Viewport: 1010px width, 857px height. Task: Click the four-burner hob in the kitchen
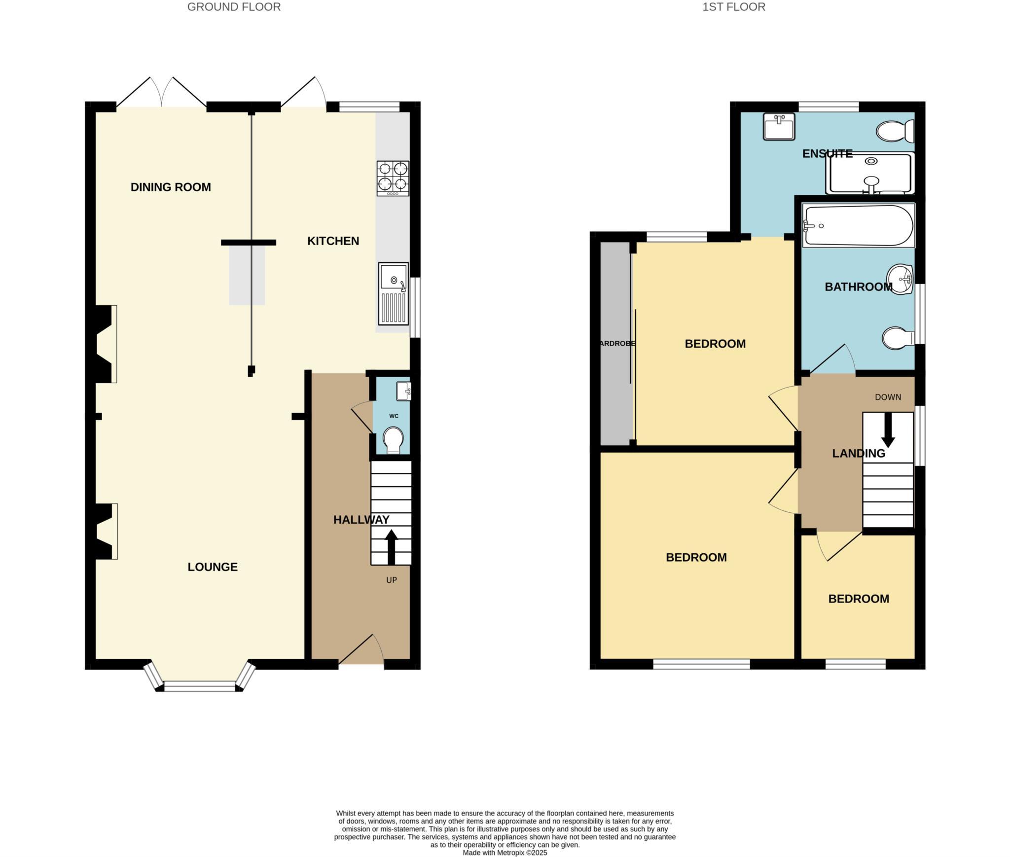(x=393, y=178)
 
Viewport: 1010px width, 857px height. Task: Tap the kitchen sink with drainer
(x=393, y=294)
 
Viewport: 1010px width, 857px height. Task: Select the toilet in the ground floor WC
(x=393, y=439)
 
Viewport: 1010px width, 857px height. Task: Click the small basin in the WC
(x=403, y=391)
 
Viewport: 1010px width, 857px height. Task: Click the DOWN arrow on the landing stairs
(x=888, y=429)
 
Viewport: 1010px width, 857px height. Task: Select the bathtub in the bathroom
(x=858, y=225)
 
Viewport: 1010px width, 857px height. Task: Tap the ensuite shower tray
(x=870, y=174)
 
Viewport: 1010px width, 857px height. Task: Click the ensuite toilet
(x=895, y=131)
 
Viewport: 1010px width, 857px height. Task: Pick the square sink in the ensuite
(x=779, y=127)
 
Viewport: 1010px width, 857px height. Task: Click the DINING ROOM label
(x=171, y=187)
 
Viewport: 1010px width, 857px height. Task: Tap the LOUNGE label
(x=213, y=567)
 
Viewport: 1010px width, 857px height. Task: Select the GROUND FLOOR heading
(x=234, y=7)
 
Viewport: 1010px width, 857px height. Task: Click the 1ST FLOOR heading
(x=734, y=7)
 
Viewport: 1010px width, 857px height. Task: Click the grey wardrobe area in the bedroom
(x=615, y=344)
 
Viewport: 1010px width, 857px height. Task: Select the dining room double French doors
(x=161, y=93)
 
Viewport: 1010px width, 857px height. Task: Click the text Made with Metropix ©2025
(x=505, y=853)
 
